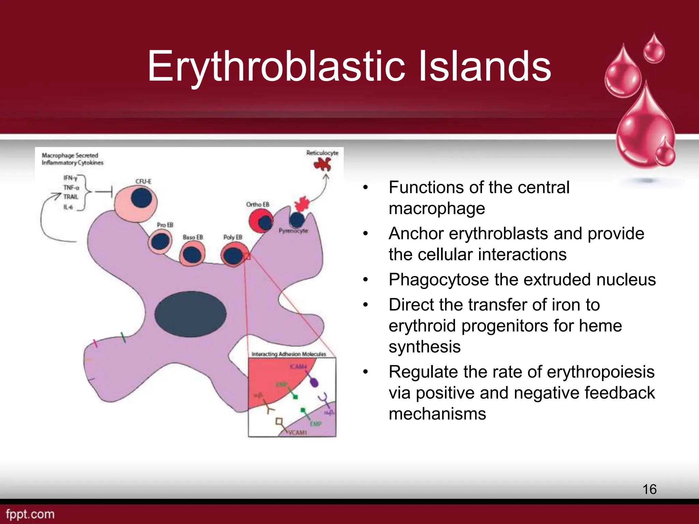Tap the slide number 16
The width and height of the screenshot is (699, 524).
[649, 489]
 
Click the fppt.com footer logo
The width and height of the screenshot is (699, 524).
[30, 514]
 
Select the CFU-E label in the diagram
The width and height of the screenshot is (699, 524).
[143, 181]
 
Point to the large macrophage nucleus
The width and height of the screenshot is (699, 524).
[190, 314]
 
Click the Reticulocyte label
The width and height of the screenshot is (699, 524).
[322, 153]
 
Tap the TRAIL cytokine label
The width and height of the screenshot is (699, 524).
[71, 197]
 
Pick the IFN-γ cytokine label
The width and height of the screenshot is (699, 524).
[70, 178]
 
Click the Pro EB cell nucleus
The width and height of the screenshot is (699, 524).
[160, 242]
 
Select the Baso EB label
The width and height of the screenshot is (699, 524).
[193, 237]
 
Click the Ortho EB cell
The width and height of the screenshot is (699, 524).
[261, 221]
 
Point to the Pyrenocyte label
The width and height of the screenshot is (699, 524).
[293, 231]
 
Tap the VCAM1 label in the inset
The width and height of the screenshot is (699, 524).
[297, 433]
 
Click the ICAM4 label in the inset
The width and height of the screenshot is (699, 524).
[298, 366]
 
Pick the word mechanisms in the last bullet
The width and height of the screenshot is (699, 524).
[437, 414]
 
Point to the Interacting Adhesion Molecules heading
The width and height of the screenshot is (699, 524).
[289, 354]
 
